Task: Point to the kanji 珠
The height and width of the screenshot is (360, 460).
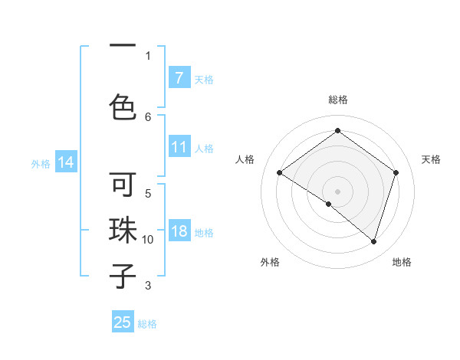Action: (x=123, y=231)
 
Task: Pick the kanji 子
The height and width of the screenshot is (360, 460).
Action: (x=123, y=275)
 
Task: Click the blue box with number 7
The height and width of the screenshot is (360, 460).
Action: (x=179, y=78)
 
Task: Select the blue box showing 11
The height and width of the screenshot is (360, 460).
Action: (x=179, y=147)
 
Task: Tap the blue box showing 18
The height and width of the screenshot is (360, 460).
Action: (x=179, y=232)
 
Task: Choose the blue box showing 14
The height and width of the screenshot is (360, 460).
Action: (x=65, y=162)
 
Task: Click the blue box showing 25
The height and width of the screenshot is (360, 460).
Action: (x=123, y=322)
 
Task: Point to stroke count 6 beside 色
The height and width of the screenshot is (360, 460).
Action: (x=148, y=116)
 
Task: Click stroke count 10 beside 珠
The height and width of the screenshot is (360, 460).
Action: (x=148, y=240)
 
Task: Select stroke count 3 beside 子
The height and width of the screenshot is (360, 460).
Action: (x=148, y=286)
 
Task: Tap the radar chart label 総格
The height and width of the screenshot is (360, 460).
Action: (x=337, y=100)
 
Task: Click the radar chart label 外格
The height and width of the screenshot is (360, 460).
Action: (x=270, y=262)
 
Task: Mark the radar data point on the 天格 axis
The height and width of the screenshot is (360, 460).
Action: (x=396, y=172)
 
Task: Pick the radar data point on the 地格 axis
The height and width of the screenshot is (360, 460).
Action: (x=373, y=241)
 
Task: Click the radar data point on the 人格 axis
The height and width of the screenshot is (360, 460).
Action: (x=279, y=172)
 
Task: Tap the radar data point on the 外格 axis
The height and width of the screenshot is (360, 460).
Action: (x=329, y=204)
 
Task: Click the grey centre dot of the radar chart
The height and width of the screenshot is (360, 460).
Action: (x=337, y=191)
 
